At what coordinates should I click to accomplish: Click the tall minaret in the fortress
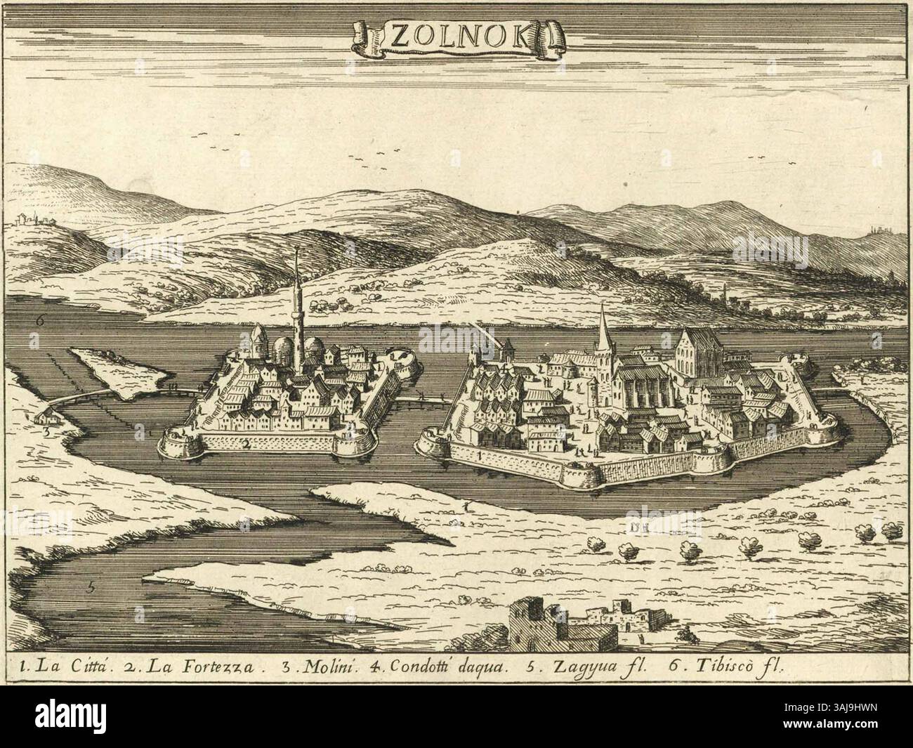297,309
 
